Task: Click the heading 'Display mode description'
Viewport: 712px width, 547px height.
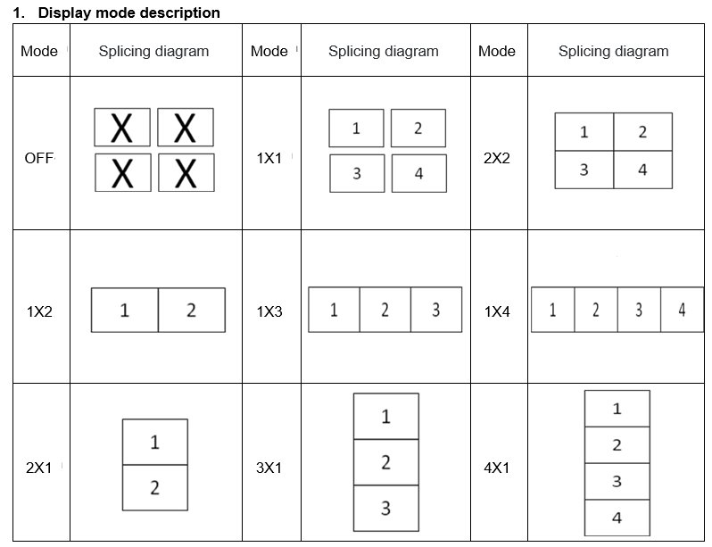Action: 129,12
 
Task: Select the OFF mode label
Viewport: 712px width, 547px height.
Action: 39,158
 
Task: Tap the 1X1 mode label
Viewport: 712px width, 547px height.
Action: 269,158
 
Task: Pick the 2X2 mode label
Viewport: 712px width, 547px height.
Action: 497,158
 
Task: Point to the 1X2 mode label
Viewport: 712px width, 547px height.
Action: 39,311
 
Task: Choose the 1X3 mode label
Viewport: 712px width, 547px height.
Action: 269,311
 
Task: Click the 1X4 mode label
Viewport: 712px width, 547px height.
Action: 497,311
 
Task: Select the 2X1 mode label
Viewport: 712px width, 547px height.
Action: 39,468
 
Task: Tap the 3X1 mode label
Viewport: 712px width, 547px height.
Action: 269,468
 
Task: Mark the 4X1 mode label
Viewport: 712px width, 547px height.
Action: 497,468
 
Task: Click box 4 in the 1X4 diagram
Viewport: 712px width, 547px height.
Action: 682,310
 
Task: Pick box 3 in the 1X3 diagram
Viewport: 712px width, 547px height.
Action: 436,310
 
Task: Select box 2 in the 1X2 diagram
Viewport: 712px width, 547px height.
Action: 192,311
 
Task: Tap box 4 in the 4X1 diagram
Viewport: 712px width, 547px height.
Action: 617,518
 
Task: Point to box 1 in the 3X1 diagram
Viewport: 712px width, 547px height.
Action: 386,417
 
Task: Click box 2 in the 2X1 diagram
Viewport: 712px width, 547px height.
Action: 155,487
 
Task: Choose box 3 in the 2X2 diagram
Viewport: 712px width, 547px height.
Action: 584,170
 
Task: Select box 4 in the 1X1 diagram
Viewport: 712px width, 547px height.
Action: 419,173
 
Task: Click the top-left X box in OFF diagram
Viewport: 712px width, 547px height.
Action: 122,128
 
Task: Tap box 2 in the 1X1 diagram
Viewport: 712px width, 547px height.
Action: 418,128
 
